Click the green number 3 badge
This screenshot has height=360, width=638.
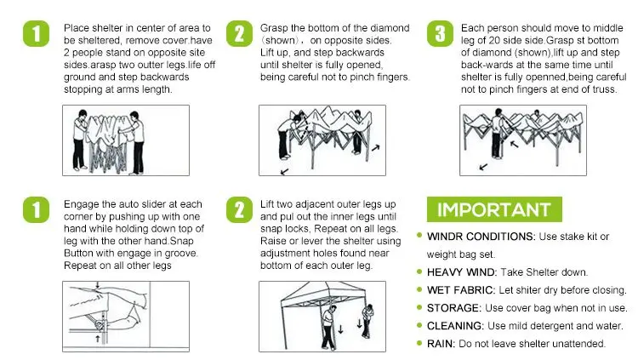(x=440, y=34)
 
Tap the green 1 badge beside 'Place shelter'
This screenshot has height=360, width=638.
(x=37, y=34)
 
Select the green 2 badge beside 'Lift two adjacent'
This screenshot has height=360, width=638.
(x=239, y=209)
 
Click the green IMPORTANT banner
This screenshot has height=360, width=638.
(x=494, y=209)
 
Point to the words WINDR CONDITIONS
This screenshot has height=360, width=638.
(x=481, y=237)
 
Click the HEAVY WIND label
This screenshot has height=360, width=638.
(x=461, y=272)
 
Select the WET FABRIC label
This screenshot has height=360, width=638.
(x=460, y=290)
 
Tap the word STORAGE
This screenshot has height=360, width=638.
(x=453, y=308)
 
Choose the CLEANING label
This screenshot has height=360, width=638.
(x=455, y=326)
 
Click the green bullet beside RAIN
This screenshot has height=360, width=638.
(x=419, y=343)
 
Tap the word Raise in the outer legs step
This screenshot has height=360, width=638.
(x=272, y=241)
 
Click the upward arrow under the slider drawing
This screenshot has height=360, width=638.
(x=98, y=339)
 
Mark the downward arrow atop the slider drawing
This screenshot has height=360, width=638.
(x=97, y=284)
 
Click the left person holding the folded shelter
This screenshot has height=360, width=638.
(x=80, y=140)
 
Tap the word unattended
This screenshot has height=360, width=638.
(x=580, y=344)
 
